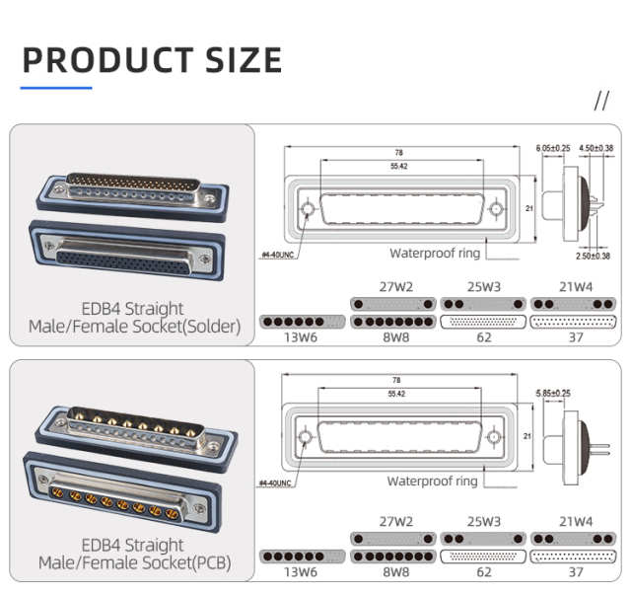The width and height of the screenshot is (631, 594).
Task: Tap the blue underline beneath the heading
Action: pyautogui.click(x=56, y=88)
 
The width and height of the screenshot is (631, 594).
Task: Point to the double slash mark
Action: pyautogui.click(x=602, y=101)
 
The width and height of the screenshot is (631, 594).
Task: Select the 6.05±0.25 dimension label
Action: pyautogui.click(x=552, y=148)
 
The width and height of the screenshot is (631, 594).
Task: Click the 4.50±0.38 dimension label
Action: pyautogui.click(x=596, y=148)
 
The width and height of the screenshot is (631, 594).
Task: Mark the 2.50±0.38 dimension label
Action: pyautogui.click(x=594, y=256)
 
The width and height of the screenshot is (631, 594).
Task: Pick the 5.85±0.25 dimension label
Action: pyautogui.click(x=552, y=394)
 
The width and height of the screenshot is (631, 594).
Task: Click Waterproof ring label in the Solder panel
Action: pyautogui.click(x=434, y=254)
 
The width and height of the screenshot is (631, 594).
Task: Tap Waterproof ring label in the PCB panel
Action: pyautogui.click(x=432, y=482)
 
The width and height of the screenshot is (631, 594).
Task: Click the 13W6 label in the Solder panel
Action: pyautogui.click(x=302, y=337)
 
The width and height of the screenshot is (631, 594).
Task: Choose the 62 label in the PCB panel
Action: pyautogui.click(x=483, y=571)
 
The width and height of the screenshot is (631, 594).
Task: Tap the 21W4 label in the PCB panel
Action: pyautogui.click(x=576, y=520)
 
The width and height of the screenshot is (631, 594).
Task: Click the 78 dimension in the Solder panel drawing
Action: pyautogui.click(x=398, y=153)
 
